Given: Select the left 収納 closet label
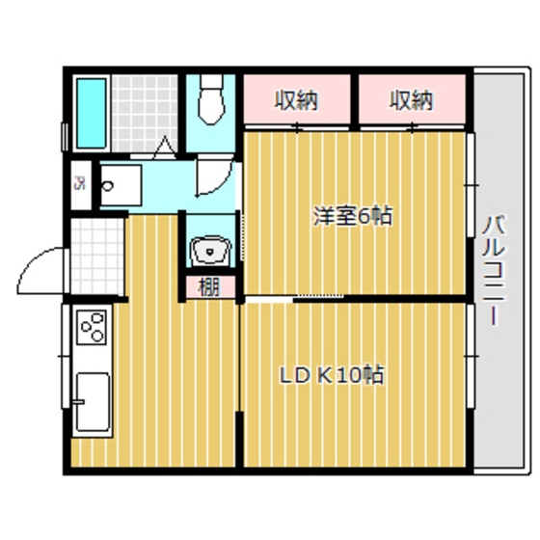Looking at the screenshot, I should (x=296, y=98).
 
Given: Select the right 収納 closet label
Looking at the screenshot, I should (x=413, y=98).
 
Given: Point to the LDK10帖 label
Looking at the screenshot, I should (x=333, y=375).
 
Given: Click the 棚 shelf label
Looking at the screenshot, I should (x=209, y=286).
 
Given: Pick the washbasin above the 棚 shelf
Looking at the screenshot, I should (x=209, y=252).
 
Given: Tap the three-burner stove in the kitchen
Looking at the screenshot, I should (x=93, y=330).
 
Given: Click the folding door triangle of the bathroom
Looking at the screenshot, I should (x=164, y=148).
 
